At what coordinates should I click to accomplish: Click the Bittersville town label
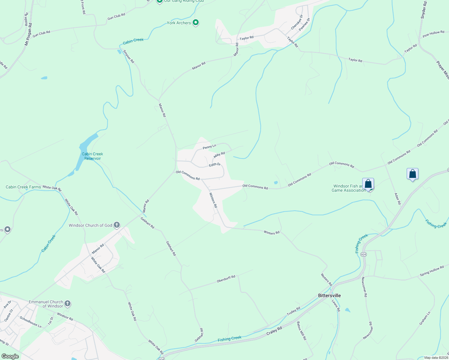coord(329,295)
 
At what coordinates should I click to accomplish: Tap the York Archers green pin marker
coord(196,22)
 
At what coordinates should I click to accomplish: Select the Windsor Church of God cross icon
coord(117,225)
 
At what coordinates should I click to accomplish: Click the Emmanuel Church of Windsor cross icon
coord(68,304)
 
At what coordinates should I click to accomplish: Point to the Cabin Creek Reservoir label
coord(92,156)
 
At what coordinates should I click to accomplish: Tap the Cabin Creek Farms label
coord(23,187)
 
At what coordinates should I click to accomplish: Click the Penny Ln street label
coord(209,147)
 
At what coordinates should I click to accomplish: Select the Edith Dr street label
coord(215,165)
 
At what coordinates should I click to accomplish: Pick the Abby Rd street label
coord(219,155)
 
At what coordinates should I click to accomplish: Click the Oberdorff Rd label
coord(226,279)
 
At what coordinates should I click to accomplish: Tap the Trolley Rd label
coord(294,311)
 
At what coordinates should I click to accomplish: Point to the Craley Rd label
coord(274,332)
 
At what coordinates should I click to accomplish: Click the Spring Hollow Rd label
coord(432,271)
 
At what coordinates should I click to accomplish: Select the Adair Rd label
coord(397,199)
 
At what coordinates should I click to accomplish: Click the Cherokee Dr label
coord(297,22)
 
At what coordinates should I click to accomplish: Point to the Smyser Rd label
coord(129,56)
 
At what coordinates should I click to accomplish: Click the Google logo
coord(10,356)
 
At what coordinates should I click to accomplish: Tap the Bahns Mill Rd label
coord(302,331)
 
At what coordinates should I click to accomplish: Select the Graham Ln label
coord(425,318)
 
